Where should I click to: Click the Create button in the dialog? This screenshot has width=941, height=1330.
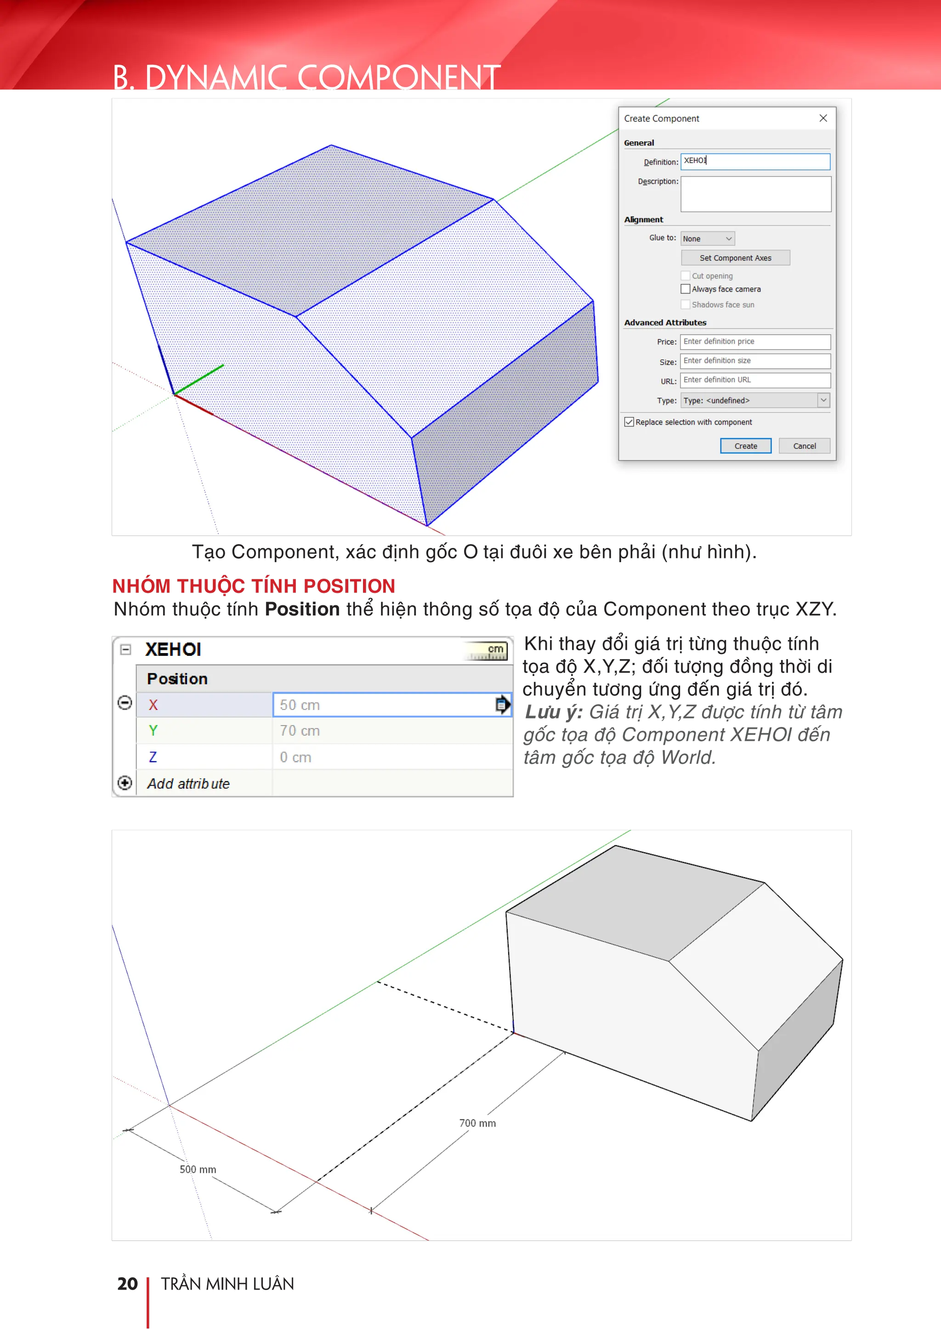pos(745,445)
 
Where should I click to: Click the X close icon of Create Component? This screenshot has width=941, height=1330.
pos(823,118)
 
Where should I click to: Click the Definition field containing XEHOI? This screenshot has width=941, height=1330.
pos(754,161)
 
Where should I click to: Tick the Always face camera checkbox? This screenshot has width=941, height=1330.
pos(686,289)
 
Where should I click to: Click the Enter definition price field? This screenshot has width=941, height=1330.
pos(754,342)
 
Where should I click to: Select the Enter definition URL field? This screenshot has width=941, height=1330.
pos(754,380)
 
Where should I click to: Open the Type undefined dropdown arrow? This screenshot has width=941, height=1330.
pos(823,400)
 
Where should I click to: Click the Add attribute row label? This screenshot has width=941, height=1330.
pos(188,784)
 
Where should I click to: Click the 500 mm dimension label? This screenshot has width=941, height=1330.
pos(198,1170)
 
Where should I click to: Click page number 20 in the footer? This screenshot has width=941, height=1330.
pos(127,1284)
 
